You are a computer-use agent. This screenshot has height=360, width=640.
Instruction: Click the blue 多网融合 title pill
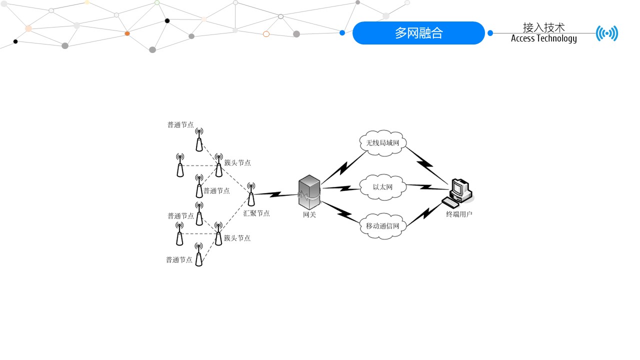click(418, 33)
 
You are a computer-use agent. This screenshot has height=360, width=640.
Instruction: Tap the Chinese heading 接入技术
click(543, 27)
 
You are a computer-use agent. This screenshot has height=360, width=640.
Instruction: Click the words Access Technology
click(543, 38)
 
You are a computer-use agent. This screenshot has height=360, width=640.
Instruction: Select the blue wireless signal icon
click(606, 33)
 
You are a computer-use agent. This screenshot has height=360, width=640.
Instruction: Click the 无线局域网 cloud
click(382, 143)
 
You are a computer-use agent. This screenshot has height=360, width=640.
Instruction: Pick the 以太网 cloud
click(382, 187)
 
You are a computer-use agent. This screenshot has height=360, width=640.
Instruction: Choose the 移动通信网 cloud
click(382, 226)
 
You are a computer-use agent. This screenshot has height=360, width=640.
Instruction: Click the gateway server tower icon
click(309, 192)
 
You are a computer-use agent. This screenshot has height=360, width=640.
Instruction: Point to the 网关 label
click(309, 215)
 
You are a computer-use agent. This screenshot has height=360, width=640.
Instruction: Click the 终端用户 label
click(459, 214)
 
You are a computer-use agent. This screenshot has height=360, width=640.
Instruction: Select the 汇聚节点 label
click(256, 213)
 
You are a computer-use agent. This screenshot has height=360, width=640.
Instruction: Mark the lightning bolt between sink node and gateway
click(276, 194)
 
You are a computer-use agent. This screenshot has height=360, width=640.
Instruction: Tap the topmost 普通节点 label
click(180, 125)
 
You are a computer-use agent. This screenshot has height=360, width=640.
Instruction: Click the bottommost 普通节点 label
click(179, 260)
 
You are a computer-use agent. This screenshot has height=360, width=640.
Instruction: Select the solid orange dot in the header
click(127, 33)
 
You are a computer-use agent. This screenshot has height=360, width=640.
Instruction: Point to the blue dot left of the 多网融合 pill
click(342, 33)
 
